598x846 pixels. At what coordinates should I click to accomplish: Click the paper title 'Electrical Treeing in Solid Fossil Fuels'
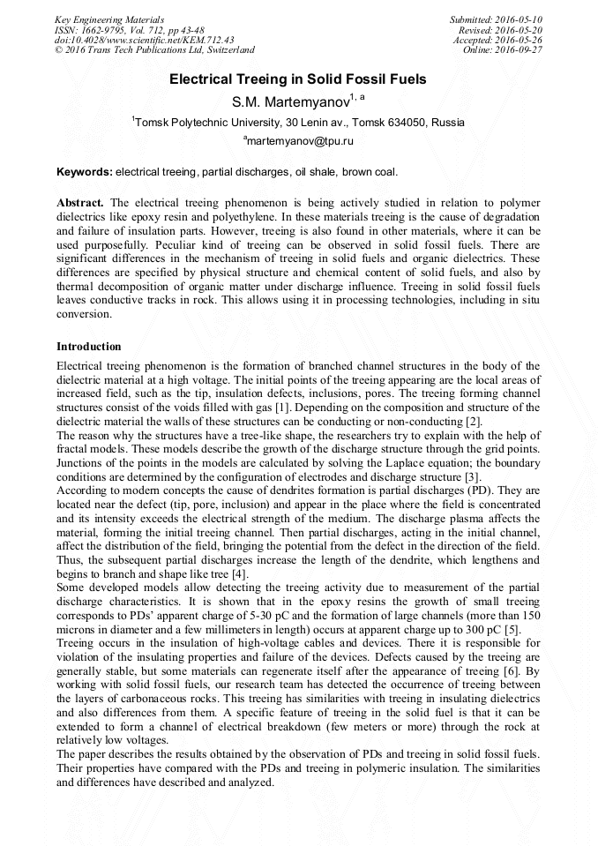point(298,79)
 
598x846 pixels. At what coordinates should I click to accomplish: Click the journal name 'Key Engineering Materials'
point(109,19)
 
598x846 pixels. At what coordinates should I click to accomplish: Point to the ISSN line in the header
point(129,30)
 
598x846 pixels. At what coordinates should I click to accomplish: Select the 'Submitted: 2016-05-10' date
point(497,19)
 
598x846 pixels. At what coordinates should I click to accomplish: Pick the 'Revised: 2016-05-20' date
point(501,30)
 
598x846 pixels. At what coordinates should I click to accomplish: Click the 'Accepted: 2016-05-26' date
point(498,40)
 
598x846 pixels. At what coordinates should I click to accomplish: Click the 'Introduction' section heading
point(89,347)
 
